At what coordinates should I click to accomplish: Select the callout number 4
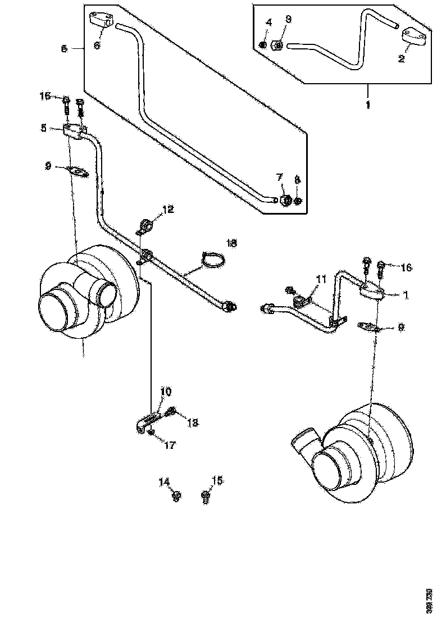pos(268,22)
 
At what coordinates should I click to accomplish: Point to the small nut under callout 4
pos(262,45)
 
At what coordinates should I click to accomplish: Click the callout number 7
pos(279,178)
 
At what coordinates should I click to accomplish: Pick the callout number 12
pos(168,210)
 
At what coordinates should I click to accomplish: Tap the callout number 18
pos(231,243)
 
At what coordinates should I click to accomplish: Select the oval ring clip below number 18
pos(213,260)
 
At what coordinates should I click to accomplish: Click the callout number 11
pos(320,279)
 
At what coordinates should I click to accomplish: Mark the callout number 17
pos(169,445)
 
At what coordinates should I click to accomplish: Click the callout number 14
pos(163,481)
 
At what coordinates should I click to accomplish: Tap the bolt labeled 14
pos(176,495)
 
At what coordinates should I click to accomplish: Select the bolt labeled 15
pos(205,496)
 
